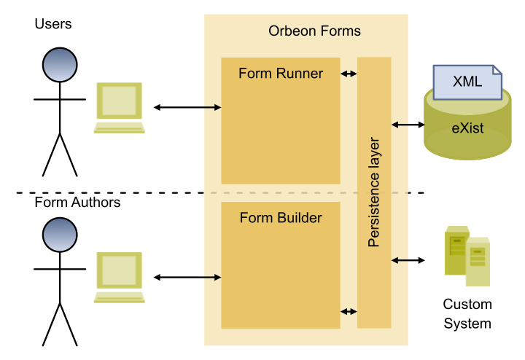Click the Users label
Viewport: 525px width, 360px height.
pyautogui.click(x=53, y=24)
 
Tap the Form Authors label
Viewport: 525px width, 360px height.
pyautogui.click(x=77, y=203)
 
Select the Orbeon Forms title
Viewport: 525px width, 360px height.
pyautogui.click(x=314, y=31)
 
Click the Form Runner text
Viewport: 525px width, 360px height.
pyautogui.click(x=281, y=74)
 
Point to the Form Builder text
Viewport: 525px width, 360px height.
pyautogui.click(x=281, y=218)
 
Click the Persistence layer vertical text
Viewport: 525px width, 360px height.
pyautogui.click(x=374, y=192)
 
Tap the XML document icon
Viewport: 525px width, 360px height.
pyautogui.click(x=467, y=82)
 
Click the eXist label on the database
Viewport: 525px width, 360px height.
pyautogui.click(x=467, y=128)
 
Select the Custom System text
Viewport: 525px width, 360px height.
pyautogui.click(x=467, y=314)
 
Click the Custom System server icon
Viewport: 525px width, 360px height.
pyautogui.click(x=467, y=256)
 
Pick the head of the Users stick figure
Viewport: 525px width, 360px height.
pyautogui.click(x=60, y=65)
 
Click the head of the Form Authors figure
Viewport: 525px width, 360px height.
pyautogui.click(x=60, y=235)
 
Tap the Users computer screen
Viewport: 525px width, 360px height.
pyautogui.click(x=119, y=101)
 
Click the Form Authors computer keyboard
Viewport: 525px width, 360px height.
pyautogui.click(x=119, y=297)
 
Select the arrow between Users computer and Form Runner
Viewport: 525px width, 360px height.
pyautogui.click(x=187, y=107)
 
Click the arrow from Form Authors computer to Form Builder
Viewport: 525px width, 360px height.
pyautogui.click(x=187, y=278)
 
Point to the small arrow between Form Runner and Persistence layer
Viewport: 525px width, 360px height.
pyautogui.click(x=349, y=74)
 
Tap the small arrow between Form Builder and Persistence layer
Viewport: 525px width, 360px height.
pyautogui.click(x=349, y=312)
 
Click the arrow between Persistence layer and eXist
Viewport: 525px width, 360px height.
pyautogui.click(x=408, y=125)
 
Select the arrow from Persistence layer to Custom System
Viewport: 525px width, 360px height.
pyautogui.click(x=408, y=260)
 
